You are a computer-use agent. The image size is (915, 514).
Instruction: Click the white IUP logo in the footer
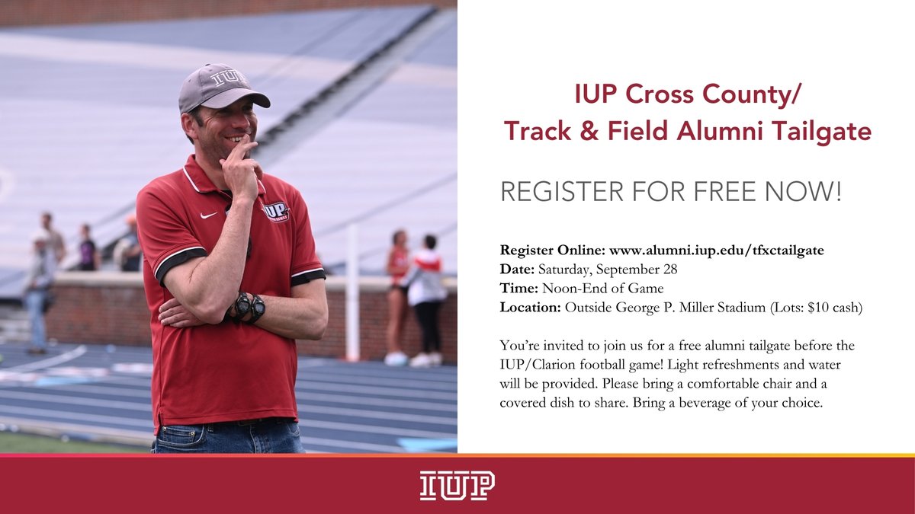tap(457, 485)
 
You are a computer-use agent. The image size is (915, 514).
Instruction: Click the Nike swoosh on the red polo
tap(208, 215)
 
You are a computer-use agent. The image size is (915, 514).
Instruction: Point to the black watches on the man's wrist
tap(249, 307)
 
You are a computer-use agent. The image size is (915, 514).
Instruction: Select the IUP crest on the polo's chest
tap(276, 211)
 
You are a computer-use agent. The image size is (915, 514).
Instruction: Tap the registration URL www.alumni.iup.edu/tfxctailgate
tap(717, 250)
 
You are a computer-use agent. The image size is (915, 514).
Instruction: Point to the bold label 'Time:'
tap(519, 288)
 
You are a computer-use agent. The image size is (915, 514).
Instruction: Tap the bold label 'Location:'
tap(530, 308)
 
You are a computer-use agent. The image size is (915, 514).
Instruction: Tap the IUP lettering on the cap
tap(229, 77)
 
